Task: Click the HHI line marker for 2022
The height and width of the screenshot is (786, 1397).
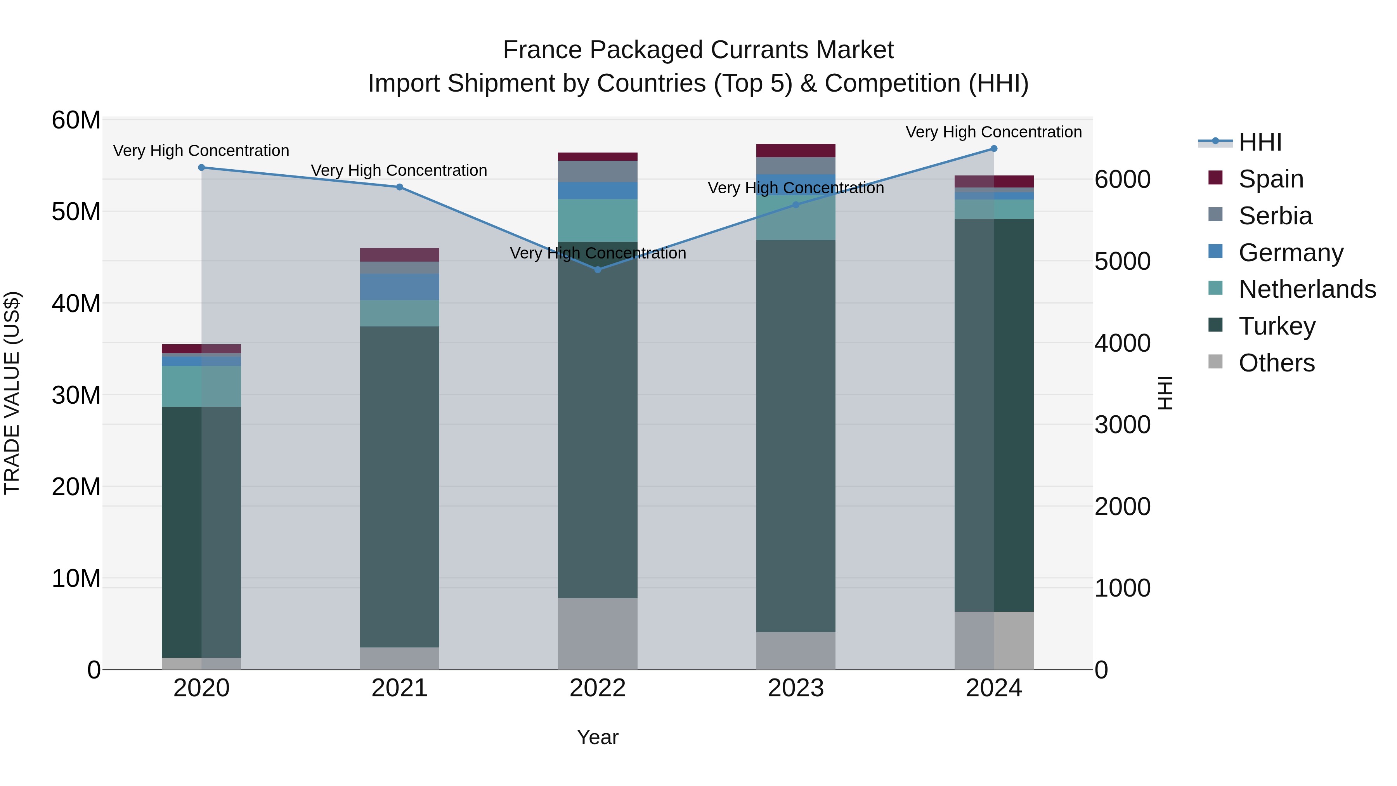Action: coord(598,270)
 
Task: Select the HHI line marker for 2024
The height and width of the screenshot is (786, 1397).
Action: coord(993,149)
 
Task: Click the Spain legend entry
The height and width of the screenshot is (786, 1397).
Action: coord(1270,179)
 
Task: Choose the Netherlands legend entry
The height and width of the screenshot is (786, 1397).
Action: coord(1307,289)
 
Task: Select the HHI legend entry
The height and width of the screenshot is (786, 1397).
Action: coord(1260,142)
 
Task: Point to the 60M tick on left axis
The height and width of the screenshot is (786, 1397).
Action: coord(76,120)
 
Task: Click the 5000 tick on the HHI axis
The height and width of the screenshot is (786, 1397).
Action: coord(1122,262)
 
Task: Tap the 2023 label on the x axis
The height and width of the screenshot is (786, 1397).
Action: coord(796,688)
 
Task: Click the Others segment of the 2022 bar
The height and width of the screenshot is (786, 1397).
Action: coord(598,633)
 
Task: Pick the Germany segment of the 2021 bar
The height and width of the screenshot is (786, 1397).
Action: coord(400,287)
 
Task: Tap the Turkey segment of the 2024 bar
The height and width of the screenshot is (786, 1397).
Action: coord(993,415)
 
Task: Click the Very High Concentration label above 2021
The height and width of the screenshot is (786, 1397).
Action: coord(399,170)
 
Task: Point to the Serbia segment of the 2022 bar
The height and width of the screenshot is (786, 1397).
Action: coord(598,172)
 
